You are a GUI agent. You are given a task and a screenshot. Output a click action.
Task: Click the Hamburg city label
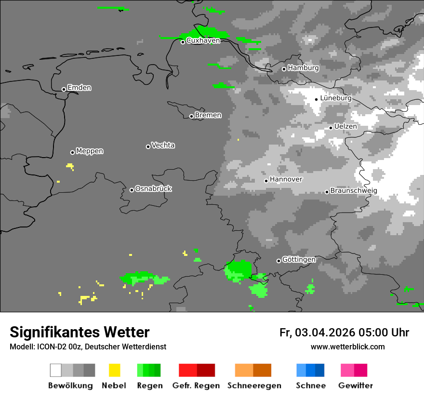(303, 68)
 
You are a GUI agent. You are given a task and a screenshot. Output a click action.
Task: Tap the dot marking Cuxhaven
(183, 42)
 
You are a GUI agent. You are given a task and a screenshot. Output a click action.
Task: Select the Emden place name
(79, 88)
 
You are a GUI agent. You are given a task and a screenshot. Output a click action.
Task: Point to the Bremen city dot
(191, 116)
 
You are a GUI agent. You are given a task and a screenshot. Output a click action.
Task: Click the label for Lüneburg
(335, 98)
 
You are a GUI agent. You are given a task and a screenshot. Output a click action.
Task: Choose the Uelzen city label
(345, 126)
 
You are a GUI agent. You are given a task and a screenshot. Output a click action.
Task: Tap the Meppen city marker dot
(72, 152)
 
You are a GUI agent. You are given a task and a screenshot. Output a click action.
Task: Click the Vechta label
(163, 145)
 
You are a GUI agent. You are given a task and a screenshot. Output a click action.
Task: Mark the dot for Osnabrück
(132, 190)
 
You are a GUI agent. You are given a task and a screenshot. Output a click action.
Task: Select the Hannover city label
(286, 179)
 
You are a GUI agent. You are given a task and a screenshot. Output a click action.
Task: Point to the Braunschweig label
(354, 190)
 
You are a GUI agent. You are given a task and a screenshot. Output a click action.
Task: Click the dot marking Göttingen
(278, 261)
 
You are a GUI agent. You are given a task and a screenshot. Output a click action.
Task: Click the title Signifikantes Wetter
(79, 332)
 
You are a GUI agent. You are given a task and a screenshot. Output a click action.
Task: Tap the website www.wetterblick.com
(347, 347)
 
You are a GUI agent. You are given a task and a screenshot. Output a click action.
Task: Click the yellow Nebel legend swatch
(114, 370)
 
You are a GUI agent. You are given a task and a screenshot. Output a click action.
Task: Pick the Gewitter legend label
(355, 386)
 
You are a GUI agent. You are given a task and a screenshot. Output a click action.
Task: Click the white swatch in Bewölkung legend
(56, 370)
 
